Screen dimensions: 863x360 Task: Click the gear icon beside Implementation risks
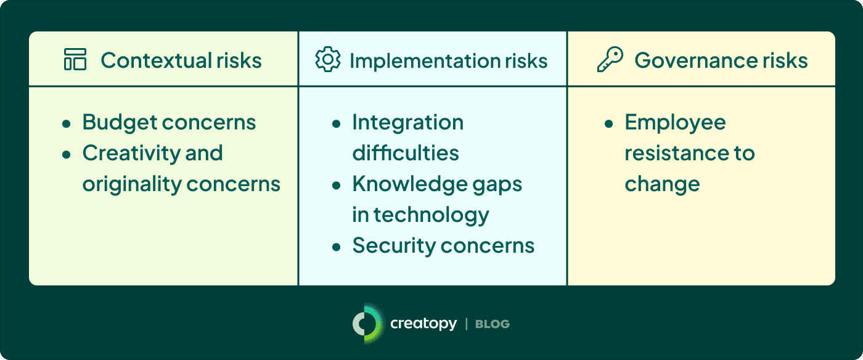click(x=328, y=59)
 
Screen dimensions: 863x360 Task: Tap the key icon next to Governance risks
click(x=610, y=59)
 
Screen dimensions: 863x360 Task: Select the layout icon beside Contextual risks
click(x=75, y=59)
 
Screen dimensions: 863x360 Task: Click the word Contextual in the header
click(x=156, y=60)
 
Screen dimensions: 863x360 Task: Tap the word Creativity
click(x=131, y=153)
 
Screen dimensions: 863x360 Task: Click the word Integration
click(x=408, y=123)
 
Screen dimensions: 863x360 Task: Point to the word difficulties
click(x=406, y=153)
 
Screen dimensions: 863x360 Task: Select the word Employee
click(x=676, y=123)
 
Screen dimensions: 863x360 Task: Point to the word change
click(x=662, y=185)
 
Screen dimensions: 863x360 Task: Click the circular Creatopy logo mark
click(x=368, y=324)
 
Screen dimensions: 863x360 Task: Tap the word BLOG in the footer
click(x=493, y=324)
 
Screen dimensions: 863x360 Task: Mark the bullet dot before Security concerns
click(x=337, y=247)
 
